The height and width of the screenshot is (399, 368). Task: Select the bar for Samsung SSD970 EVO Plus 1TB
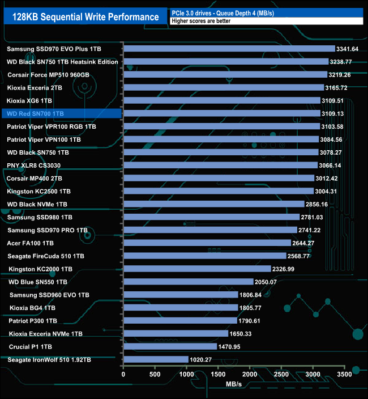tap(229, 49)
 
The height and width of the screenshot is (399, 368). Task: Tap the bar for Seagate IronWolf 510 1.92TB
tap(156, 359)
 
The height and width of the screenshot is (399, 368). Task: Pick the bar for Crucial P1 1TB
tap(170, 346)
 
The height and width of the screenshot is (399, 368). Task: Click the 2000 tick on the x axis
tap(250, 373)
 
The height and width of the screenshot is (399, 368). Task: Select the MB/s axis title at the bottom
tap(233, 384)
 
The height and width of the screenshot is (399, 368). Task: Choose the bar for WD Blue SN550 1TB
tap(188, 282)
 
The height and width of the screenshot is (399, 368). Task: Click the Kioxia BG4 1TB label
tap(33, 308)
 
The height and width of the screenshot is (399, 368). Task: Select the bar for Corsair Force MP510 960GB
tap(225, 75)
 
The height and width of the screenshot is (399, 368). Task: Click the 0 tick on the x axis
tap(123, 373)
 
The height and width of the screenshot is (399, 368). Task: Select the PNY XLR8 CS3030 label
tap(34, 165)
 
